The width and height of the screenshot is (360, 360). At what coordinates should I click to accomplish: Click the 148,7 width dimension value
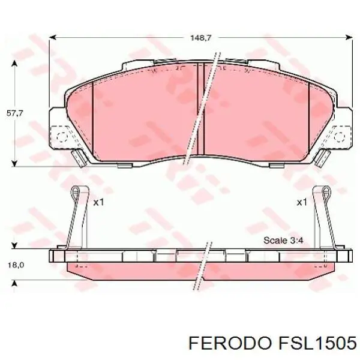(x=202, y=38)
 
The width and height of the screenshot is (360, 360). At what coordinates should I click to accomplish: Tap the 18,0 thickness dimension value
(x=14, y=265)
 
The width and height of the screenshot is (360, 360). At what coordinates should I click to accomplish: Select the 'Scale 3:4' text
(x=284, y=241)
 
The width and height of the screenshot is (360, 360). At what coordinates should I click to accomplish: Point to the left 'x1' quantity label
(x=99, y=202)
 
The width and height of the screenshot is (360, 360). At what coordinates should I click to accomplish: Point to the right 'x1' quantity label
(x=302, y=202)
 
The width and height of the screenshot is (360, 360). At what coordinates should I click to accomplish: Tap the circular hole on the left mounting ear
(x=60, y=136)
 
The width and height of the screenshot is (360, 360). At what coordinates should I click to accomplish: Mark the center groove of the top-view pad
(x=202, y=108)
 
